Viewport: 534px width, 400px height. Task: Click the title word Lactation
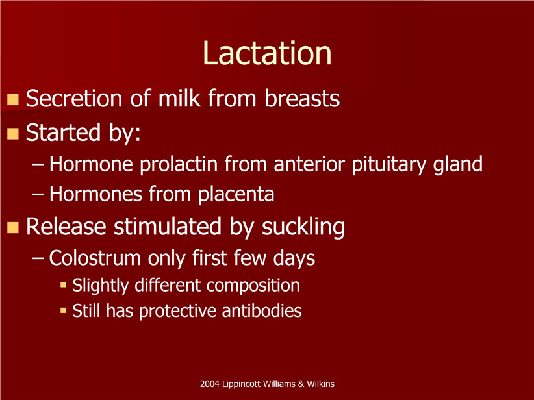point(267,53)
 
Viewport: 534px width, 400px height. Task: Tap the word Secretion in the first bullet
point(74,99)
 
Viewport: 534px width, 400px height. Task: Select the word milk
point(179,99)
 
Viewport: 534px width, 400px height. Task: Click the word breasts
point(302,99)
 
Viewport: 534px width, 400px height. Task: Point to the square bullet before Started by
point(13,134)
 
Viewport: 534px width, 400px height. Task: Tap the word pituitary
point(388,164)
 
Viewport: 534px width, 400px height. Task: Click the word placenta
point(236,194)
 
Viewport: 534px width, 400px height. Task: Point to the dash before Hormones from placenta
point(38,195)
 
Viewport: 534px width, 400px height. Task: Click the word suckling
point(303,227)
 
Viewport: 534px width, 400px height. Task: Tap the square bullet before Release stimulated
point(13,227)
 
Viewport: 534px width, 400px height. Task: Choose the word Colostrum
point(95,258)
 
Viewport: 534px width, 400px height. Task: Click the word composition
point(253,286)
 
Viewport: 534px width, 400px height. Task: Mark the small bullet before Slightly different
point(63,284)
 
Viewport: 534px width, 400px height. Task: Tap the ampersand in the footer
point(301,384)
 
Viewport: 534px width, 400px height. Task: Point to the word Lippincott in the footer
point(242,384)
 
